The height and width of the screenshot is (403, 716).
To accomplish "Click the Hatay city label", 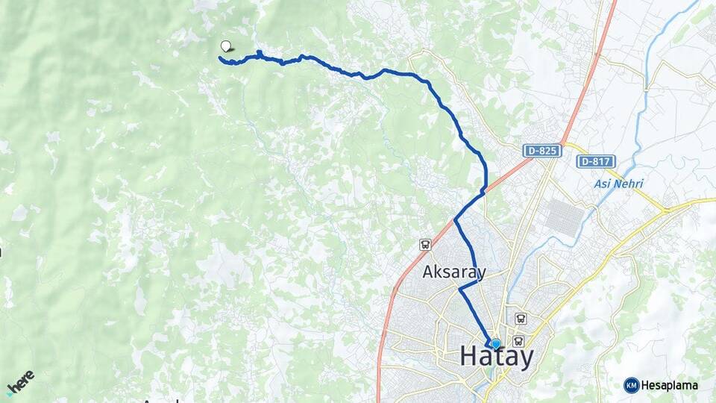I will tap(497, 357).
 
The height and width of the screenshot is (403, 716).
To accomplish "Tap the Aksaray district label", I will tap(453, 272).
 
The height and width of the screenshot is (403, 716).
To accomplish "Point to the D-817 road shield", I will tap(594, 160).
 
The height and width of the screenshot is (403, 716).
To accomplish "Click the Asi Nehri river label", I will tap(618, 184).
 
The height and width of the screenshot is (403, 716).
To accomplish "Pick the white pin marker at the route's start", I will tap(226, 46).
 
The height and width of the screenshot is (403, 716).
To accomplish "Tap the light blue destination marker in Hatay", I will tap(495, 343).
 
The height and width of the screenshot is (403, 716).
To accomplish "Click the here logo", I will tap(20, 382).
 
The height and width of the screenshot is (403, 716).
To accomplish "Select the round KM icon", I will tap(631, 385).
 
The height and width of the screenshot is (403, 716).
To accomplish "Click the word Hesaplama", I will tap(669, 385).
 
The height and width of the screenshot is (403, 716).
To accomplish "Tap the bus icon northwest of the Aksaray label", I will tap(425, 244).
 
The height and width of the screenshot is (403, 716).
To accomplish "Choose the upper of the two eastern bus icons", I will tap(521, 318).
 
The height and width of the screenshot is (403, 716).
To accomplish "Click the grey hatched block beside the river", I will tap(565, 217).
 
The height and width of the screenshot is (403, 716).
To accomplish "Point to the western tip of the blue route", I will tap(220, 57).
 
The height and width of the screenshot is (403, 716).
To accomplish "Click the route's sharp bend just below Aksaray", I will tap(459, 289).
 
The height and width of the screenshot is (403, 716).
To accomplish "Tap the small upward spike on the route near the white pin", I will tap(259, 51).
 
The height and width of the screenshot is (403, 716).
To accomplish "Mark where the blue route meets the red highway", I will tap(484, 191).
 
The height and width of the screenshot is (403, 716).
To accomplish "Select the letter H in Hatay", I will tap(469, 357).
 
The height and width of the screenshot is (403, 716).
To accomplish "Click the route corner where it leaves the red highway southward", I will tap(455, 220).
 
